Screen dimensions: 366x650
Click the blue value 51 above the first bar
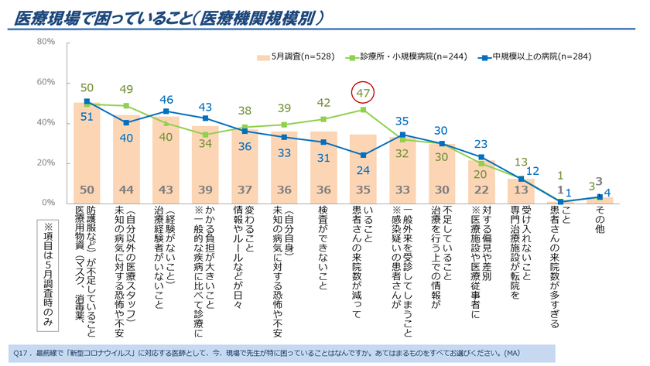tap(87, 117)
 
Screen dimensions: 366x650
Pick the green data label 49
tap(127, 90)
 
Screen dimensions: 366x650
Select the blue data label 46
tap(166, 99)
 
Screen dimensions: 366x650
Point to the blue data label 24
tap(363, 170)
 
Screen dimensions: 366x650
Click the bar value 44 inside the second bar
tap(127, 190)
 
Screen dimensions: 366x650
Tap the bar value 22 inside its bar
tap(481, 190)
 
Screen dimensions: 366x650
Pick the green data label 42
tap(323, 103)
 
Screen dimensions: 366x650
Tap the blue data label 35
tap(401, 121)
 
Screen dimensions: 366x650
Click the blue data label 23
tap(481, 144)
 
